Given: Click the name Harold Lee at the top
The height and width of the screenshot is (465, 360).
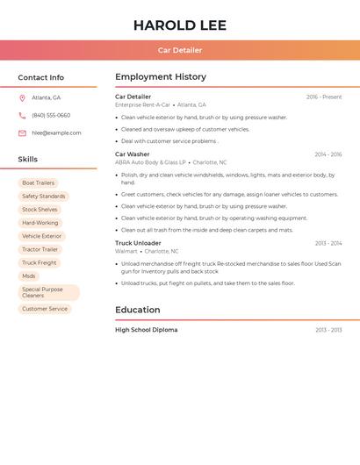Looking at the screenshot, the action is coord(180,25).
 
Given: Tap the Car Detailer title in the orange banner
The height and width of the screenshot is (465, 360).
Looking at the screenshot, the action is coord(180,51).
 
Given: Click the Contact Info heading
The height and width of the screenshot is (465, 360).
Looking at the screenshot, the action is coord(41,77).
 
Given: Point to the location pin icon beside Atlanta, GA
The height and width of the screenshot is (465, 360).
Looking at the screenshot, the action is coord(22,98).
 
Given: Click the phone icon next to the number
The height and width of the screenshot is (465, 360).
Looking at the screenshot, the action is coord(22,116).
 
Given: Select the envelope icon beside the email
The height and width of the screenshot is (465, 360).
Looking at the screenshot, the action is coord(22,133).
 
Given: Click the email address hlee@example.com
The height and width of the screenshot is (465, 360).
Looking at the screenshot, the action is coord(56,133).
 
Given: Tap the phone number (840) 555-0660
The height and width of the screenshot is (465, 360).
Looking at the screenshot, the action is coord(51,116).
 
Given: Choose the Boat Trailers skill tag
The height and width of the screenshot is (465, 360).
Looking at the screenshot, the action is coord(38,183).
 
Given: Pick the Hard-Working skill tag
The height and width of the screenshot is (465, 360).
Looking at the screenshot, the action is coord(40,223).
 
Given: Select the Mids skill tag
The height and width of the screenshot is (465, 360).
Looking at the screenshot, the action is coord(29,275).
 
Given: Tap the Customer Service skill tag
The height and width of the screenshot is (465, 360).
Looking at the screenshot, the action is coord(45,309).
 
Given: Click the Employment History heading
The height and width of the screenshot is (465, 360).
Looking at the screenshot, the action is coord(161,77).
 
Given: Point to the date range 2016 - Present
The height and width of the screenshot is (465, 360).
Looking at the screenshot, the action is coord(324,97).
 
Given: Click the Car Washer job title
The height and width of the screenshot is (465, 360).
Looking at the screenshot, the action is coord(133,154).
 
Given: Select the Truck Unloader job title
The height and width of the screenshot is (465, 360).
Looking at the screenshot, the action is coord(138,243).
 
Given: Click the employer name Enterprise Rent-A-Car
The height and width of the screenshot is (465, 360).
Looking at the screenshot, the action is coord(142,105).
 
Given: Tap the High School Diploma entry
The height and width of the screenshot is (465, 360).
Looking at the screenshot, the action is coord(146,330).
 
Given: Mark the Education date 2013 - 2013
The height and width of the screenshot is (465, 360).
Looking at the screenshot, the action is coord(328,331).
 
